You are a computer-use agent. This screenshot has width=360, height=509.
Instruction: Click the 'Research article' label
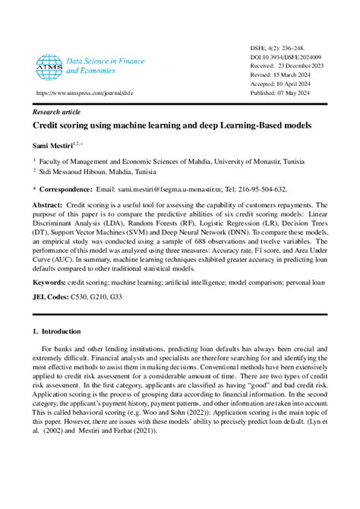(x=57, y=111)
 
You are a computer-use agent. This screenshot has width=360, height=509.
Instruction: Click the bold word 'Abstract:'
(x=47, y=205)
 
